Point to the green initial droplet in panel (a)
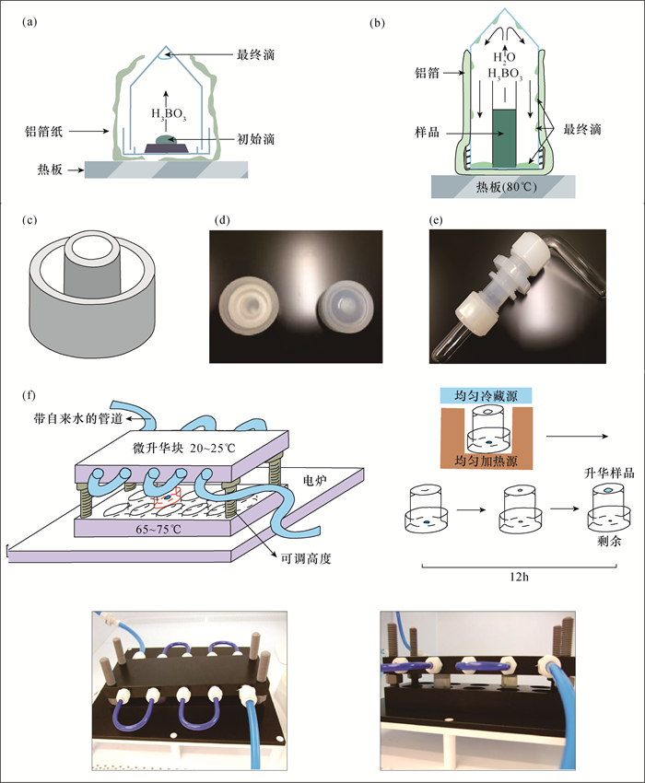tap(163, 139)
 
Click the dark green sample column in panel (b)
tap(505, 138)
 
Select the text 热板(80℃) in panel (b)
tap(505, 187)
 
